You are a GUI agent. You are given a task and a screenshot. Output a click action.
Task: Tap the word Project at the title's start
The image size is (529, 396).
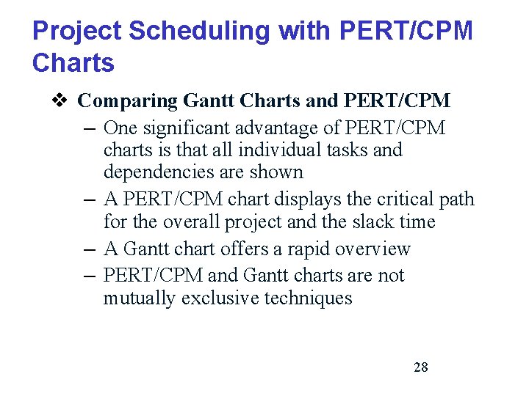click(76, 31)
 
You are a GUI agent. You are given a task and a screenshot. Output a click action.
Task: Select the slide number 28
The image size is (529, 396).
click(420, 367)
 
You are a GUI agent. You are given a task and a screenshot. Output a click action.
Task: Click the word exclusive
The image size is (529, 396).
click(220, 298)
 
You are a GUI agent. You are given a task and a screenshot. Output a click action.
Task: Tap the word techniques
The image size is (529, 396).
click(308, 298)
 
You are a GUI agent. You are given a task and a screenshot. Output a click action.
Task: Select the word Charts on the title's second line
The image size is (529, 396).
click(73, 63)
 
